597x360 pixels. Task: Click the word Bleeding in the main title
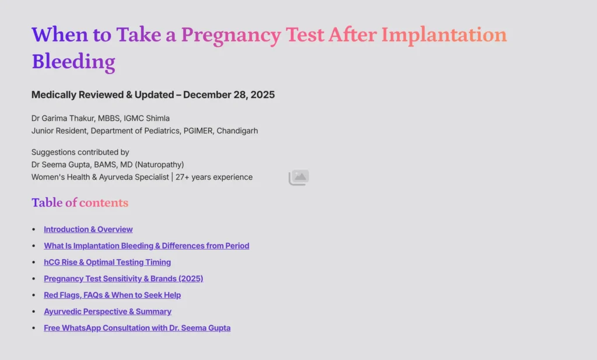click(x=73, y=61)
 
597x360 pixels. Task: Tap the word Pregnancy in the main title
click(x=231, y=35)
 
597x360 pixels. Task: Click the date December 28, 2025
click(x=229, y=95)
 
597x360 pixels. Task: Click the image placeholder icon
click(x=298, y=177)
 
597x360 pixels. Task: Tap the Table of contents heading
click(x=80, y=202)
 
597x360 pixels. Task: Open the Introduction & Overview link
click(x=88, y=229)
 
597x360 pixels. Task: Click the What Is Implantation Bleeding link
click(x=146, y=246)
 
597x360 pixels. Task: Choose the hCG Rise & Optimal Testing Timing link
click(x=107, y=262)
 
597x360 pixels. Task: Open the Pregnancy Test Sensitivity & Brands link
click(x=123, y=278)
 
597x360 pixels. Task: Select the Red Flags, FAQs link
click(x=112, y=295)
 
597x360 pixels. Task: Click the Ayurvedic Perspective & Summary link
click(x=107, y=312)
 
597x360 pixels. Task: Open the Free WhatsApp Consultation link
click(x=137, y=328)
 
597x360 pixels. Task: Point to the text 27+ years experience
click(x=214, y=177)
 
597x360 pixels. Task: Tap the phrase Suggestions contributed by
click(x=80, y=152)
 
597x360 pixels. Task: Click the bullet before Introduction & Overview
click(x=34, y=230)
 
